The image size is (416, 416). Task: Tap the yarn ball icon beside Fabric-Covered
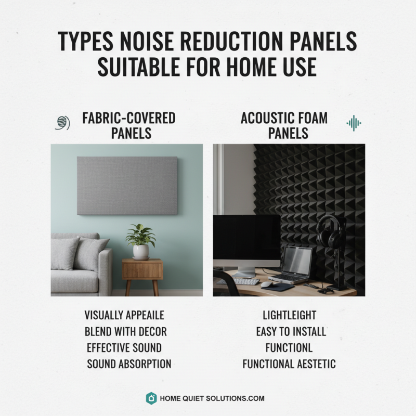(62, 122)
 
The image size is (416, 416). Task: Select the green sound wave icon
(354, 123)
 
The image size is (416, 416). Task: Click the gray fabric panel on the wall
(127, 185)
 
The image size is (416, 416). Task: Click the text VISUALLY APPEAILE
(124, 315)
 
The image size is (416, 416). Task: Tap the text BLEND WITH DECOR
(125, 331)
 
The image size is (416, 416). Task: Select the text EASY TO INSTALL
(291, 331)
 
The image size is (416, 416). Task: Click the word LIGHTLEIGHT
(290, 315)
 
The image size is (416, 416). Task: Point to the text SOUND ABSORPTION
(129, 363)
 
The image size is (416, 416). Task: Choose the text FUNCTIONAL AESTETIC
(289, 363)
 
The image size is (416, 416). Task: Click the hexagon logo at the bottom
(151, 398)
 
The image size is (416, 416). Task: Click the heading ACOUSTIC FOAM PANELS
(284, 125)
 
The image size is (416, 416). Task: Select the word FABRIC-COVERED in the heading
(129, 118)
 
